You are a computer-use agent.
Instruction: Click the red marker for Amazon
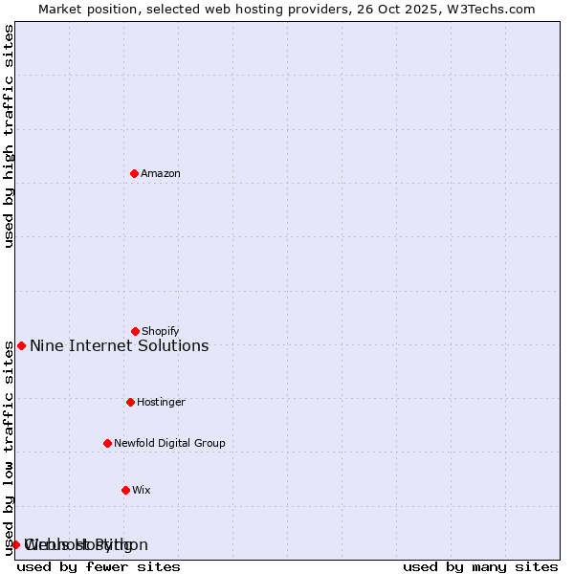pos(135,173)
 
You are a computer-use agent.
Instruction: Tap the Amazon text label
pos(161,173)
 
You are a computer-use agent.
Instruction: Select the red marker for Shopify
pos(135,331)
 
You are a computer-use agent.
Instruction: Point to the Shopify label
pos(161,331)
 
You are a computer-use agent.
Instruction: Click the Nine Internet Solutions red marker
pos(21,345)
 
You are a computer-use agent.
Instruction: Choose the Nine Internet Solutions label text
pos(119,345)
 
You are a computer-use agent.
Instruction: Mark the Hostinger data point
pos(130,402)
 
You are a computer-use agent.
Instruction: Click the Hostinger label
pos(161,402)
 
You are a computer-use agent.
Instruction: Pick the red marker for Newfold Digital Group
pos(107,443)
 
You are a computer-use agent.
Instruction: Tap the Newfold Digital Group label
pos(169,443)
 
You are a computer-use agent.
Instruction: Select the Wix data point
pos(125,490)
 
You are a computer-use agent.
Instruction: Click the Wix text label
pos(142,490)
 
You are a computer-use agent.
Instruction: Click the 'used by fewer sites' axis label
pos(99,566)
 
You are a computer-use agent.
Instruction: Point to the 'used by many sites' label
pos(480,566)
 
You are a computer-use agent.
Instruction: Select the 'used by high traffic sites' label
pos(9,136)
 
